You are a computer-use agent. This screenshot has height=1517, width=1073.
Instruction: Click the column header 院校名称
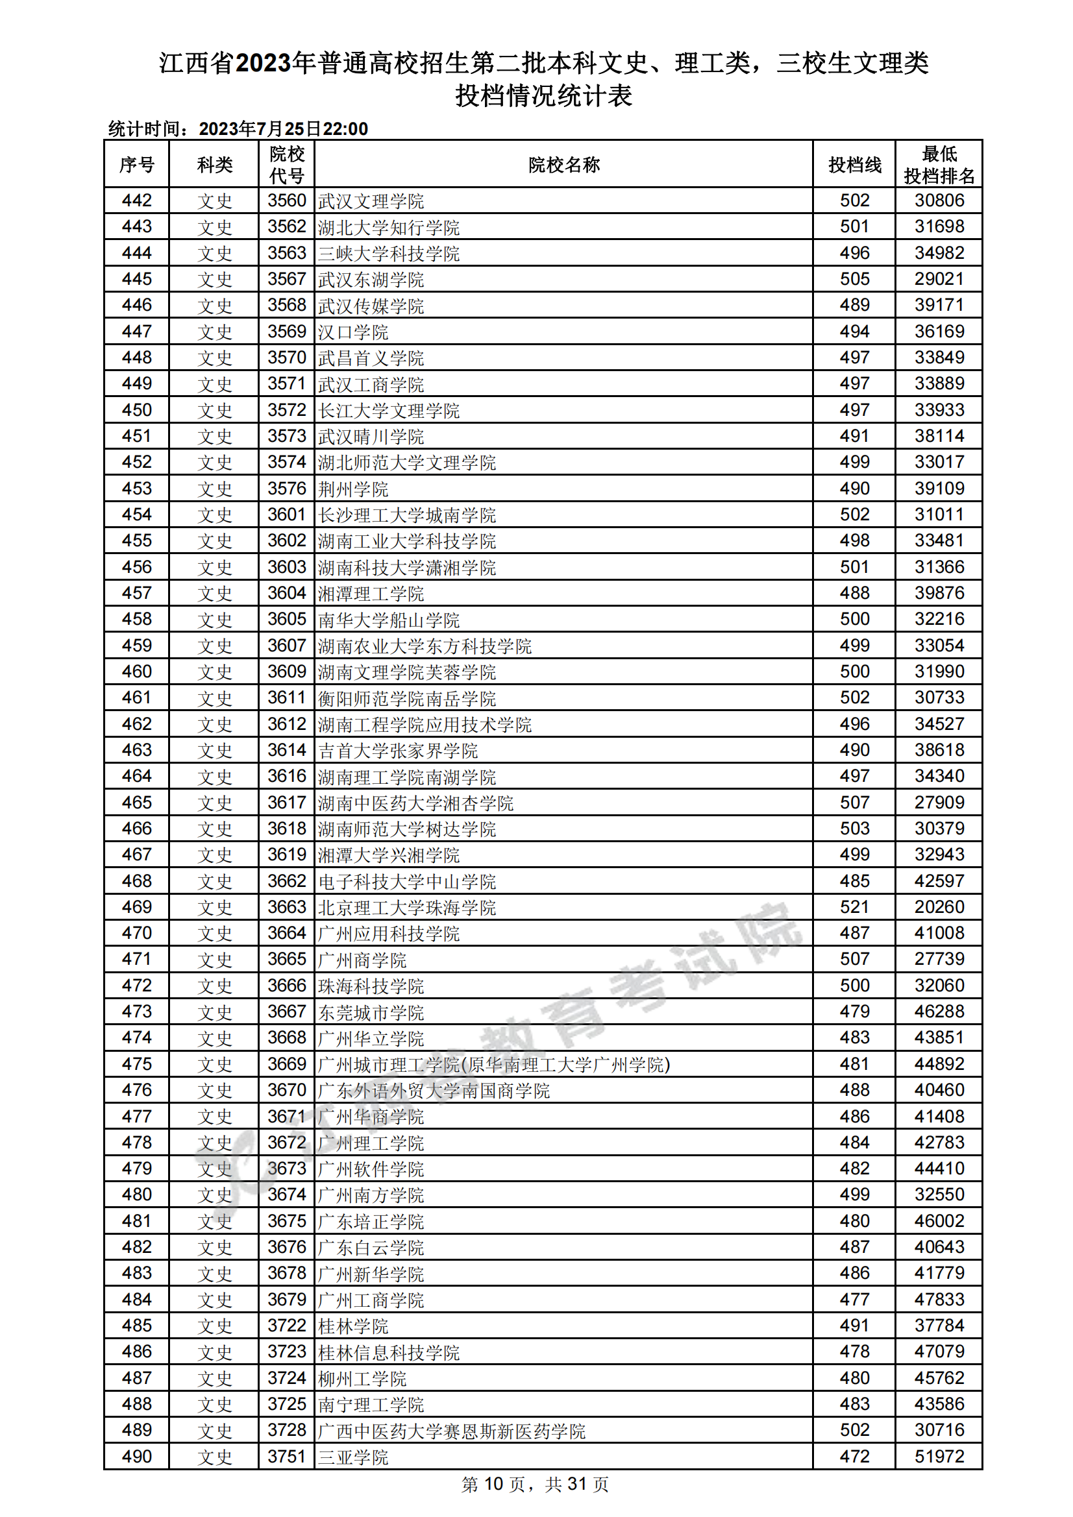click(x=563, y=165)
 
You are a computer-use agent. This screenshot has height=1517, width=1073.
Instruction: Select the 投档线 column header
click(x=854, y=165)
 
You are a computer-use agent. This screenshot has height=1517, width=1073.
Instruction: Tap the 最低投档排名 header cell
click(x=939, y=165)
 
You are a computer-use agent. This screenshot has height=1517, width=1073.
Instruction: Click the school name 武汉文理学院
click(x=371, y=201)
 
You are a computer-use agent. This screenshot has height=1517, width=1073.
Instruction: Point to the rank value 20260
click(x=939, y=906)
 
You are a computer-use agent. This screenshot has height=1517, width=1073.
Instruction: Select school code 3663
click(x=287, y=906)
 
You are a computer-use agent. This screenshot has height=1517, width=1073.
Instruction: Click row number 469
click(x=137, y=906)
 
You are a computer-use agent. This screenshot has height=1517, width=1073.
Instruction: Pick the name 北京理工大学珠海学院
click(x=406, y=907)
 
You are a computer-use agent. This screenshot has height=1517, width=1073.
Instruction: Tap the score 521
click(x=854, y=906)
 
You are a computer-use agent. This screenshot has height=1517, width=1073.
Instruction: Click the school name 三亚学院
click(x=353, y=1457)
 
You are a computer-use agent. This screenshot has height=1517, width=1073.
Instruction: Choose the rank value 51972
click(x=939, y=1456)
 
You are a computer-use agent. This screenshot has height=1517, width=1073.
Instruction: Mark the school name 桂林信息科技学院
click(x=389, y=1352)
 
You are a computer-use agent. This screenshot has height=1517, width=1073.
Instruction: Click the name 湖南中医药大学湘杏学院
click(x=416, y=803)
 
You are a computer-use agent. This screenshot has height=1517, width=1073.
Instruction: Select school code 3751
click(x=287, y=1456)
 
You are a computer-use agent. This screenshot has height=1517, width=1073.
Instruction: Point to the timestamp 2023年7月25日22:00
click(x=283, y=129)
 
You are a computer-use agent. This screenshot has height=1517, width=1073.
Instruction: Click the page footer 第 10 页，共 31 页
click(x=535, y=1485)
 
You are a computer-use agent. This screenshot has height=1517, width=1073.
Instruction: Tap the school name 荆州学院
click(x=353, y=489)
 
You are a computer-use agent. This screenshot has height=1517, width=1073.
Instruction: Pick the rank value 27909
click(x=939, y=802)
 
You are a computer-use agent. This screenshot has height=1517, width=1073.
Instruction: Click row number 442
click(x=137, y=200)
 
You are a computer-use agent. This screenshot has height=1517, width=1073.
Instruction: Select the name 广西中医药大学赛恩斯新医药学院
click(x=452, y=1431)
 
